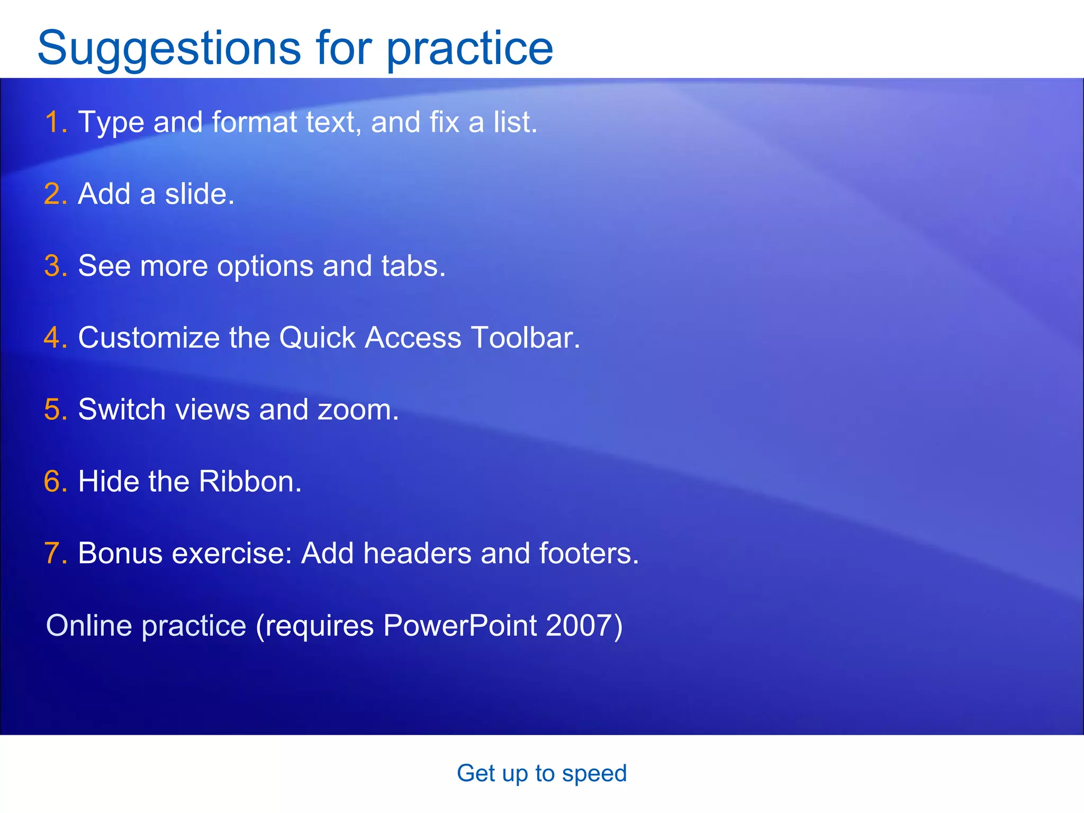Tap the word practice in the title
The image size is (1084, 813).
click(469, 49)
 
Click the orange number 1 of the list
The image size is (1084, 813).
click(53, 122)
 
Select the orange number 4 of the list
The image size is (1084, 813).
click(53, 338)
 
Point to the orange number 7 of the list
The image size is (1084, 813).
click(53, 553)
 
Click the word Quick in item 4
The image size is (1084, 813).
click(317, 338)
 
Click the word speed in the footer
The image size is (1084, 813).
click(594, 774)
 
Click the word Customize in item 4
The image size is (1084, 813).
click(149, 338)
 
